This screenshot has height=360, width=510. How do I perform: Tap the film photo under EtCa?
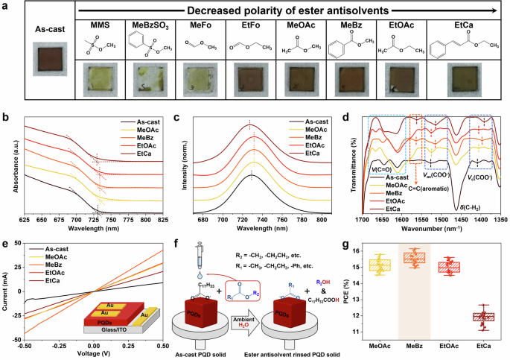tap(468, 78)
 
